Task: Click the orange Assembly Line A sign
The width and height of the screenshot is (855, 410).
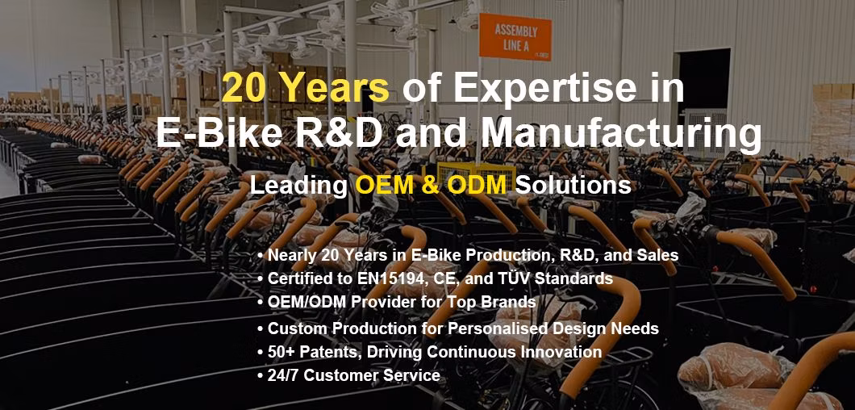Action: tap(515, 37)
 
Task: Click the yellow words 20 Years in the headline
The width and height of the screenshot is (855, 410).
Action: tap(306, 88)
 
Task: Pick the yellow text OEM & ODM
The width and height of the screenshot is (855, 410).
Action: tap(431, 186)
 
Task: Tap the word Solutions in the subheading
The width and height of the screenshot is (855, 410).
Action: tap(573, 186)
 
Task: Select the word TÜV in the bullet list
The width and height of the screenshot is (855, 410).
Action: tap(515, 278)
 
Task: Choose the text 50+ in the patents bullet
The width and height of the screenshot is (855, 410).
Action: tap(282, 352)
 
